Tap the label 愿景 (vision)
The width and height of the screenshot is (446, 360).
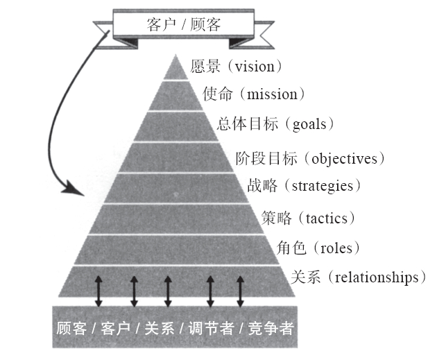pos(237,67)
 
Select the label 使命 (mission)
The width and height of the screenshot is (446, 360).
pos(254,94)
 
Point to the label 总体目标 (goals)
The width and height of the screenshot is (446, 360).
pos(276,125)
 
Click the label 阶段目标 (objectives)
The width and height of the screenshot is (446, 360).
pos(309,158)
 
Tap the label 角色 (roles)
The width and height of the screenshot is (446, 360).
pos(314,248)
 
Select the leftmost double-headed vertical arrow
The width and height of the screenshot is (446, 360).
pos(98,290)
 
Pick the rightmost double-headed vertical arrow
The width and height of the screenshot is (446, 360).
pos(241,290)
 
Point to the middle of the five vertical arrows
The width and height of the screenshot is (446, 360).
pos(167,290)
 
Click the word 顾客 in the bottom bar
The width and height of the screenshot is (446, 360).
pos(71,326)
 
